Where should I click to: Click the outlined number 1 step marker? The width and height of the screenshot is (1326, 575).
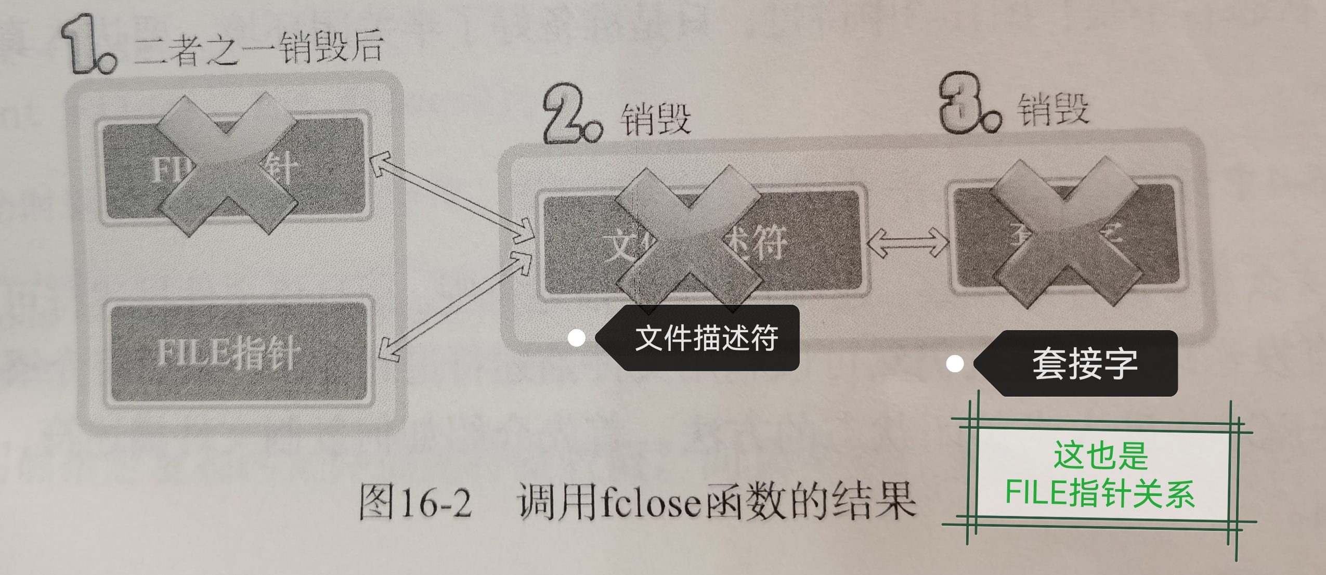coord(86,46)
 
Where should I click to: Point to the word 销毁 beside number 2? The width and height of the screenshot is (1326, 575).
coord(655,119)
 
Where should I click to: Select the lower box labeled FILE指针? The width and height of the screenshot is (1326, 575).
coord(237,351)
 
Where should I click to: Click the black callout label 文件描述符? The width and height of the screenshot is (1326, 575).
coord(705,338)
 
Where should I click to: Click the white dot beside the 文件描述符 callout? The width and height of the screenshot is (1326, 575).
coord(576,338)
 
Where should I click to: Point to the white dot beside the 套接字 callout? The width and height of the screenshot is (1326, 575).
coord(955,364)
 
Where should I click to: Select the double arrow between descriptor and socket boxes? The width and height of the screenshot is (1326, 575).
coord(907,242)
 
